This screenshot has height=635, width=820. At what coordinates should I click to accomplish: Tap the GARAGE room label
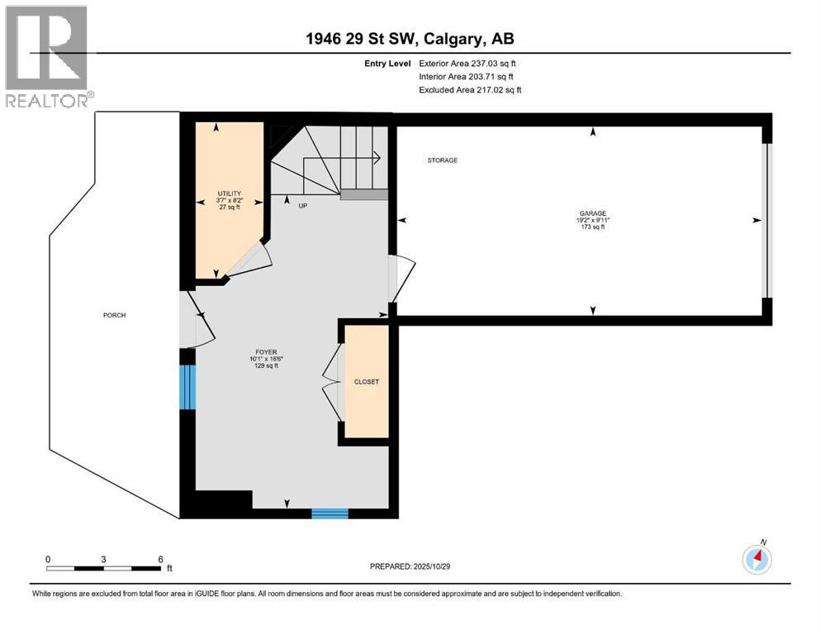tap(592, 213)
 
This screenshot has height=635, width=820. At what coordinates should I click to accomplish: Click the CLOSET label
tap(366, 382)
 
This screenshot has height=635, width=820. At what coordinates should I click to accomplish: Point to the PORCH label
tap(115, 315)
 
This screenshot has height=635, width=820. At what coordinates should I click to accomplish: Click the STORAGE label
tap(442, 160)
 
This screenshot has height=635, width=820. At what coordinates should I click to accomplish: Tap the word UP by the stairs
tap(302, 205)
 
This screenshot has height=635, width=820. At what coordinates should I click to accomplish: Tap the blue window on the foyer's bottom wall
tap(329, 513)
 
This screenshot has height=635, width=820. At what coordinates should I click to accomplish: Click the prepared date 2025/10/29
tap(410, 566)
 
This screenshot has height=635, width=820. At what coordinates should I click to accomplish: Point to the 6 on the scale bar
tap(159, 558)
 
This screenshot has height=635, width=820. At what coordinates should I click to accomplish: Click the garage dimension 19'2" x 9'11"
tap(592, 220)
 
